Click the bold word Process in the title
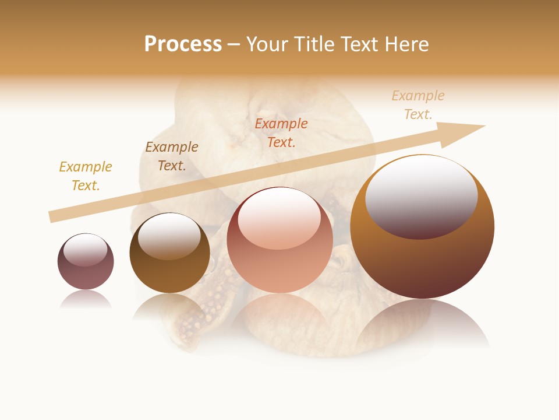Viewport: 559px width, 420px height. coord(183,44)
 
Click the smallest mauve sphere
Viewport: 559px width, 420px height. coord(86,262)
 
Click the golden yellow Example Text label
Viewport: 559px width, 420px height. coord(85,176)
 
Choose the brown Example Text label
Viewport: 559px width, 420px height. coord(172,156)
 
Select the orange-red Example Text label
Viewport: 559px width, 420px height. coord(281,132)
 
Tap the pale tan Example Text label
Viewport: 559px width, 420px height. coord(418,105)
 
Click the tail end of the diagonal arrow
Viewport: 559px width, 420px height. coord(52,216)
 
